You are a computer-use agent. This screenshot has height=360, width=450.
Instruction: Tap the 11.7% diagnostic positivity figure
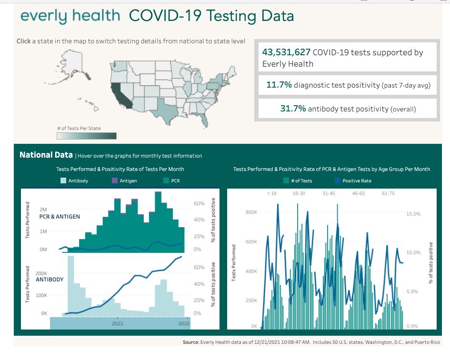point(279,85)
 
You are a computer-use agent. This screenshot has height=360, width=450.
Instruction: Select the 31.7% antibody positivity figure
point(293,109)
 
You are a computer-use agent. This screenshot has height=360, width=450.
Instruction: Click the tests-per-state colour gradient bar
point(86,136)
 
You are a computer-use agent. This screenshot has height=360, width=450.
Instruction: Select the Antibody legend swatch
point(64,181)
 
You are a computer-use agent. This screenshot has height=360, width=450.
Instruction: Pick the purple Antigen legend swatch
point(114,181)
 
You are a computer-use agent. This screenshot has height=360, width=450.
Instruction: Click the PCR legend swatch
point(166,181)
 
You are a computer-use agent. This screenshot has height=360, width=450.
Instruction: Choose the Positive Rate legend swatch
point(338,181)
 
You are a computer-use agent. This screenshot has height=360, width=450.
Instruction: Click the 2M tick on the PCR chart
point(43,210)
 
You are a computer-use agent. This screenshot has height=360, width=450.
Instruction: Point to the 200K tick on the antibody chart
point(41,274)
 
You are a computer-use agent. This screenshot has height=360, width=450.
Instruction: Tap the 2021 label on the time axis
point(118,323)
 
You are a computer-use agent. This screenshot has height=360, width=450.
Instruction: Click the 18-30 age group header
point(299,194)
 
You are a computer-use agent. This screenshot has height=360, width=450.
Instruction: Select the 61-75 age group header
point(388,194)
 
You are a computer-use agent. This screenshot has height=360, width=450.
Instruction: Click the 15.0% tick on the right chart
point(413,214)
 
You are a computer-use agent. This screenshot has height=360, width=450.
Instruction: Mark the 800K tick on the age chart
point(251,212)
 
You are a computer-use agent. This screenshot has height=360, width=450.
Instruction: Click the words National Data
point(46,155)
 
